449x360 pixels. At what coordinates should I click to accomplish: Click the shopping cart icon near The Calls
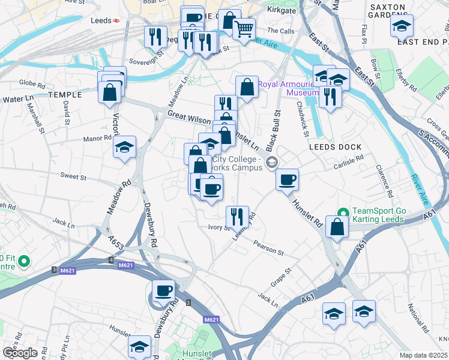(243, 28)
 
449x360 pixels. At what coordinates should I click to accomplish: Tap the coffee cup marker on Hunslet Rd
(288, 179)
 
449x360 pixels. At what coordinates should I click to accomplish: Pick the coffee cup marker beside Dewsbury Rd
(163, 291)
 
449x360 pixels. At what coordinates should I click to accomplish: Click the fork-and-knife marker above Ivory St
(237, 215)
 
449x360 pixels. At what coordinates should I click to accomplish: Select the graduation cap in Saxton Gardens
(402, 25)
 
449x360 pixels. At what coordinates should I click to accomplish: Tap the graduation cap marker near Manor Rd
(124, 147)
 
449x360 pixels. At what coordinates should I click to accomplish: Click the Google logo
(20, 353)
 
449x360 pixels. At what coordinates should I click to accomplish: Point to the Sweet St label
(74, 178)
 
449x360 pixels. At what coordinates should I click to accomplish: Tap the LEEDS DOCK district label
(335, 147)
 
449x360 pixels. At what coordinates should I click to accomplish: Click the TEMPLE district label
(65, 95)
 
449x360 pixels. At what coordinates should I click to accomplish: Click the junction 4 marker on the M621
(110, 260)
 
